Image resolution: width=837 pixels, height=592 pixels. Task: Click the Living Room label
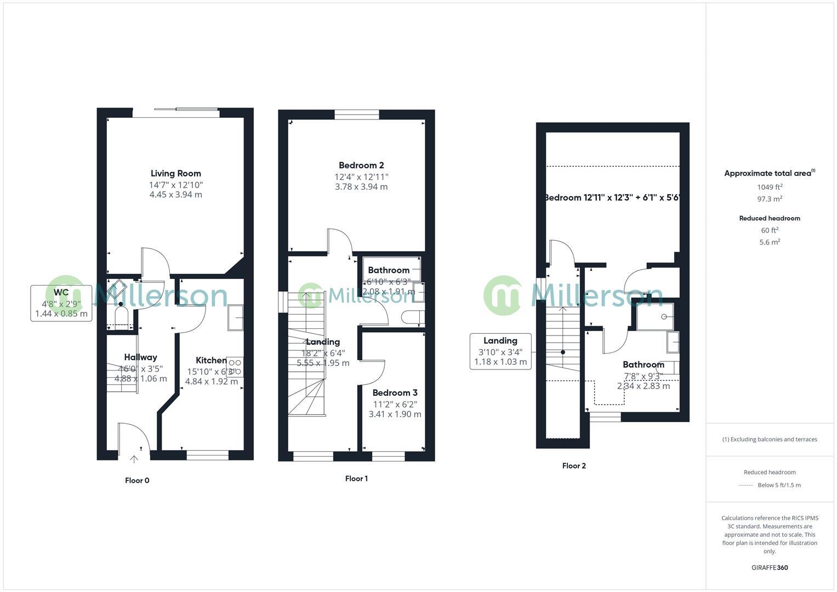176,174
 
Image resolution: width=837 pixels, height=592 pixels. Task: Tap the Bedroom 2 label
361,166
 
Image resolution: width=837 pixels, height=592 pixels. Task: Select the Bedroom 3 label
395,393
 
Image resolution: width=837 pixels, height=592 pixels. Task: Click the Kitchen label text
211,361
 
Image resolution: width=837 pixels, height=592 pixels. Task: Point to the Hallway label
140,357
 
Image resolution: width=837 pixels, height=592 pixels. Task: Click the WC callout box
61,303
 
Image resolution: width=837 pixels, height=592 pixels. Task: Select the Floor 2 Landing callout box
500,351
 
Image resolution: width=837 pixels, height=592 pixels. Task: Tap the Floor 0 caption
137,481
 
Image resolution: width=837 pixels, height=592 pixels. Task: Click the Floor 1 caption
356,479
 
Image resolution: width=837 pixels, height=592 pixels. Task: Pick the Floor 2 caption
574,466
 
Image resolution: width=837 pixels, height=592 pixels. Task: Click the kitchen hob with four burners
235,367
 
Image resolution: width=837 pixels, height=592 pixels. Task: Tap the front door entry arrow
134,459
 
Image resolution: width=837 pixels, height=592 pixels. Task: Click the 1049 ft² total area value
770,187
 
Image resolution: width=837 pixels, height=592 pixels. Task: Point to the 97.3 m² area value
770,200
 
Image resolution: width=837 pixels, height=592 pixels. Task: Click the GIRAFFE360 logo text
770,568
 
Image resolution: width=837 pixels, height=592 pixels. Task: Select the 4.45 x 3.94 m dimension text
175,195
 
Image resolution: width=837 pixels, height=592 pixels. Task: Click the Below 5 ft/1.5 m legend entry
778,485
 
